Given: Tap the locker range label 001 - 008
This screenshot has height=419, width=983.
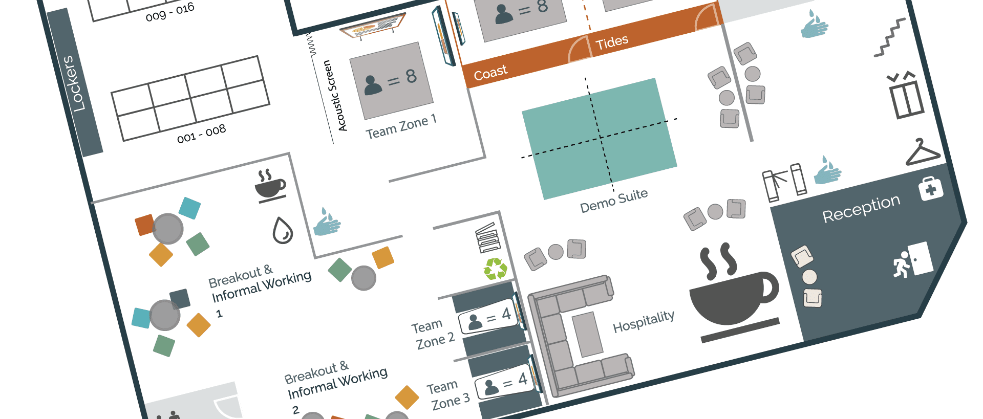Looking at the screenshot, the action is click(201, 134).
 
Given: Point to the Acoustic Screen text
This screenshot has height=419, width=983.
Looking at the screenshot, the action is click(335, 96).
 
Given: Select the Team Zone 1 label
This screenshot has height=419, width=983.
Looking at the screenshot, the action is click(401, 126).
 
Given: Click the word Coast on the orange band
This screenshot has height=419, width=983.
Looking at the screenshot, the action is click(490, 73).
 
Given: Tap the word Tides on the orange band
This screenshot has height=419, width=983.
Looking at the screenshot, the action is click(612, 42).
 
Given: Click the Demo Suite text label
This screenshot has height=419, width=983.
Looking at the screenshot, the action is click(614, 200).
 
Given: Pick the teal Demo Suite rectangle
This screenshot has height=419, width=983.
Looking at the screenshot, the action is click(599, 138).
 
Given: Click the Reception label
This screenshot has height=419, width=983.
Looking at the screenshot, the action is click(861, 208).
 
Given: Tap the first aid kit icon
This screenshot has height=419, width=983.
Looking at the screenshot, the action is click(930, 189).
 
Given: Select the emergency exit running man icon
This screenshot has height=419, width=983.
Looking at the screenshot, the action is click(912, 260).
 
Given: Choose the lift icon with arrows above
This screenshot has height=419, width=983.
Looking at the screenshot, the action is click(906, 96).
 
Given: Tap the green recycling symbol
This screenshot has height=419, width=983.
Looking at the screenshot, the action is click(495, 269).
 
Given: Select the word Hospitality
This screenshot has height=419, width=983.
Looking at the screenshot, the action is click(644, 321).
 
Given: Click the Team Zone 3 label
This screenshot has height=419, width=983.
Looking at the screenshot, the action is click(448, 395).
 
